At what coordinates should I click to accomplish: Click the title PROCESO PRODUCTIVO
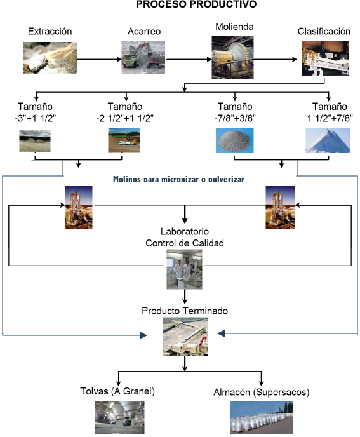pos(196,4)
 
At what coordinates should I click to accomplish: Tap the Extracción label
pos(50,31)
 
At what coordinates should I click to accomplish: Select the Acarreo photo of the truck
pos(143,57)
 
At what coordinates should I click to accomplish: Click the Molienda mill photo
pos(232,57)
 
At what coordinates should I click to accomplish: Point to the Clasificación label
pos(324,31)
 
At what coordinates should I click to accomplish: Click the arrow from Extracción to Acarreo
pos(99,59)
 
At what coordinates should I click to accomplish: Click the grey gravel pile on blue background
pos(235,140)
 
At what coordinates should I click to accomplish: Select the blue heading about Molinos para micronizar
pos(178,179)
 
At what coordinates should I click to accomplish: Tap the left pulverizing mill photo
pos(79,207)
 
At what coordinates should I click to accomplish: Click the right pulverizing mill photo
pos(280,207)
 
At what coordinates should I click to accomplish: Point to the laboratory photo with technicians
pos(185,269)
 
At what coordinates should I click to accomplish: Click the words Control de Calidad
pos(185,243)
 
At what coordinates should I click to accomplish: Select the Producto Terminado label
pos(185,311)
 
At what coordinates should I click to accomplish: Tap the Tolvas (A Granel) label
pos(117,391)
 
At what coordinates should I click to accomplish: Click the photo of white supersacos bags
pos(261,418)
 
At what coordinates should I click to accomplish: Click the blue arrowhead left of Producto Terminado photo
pos(143,335)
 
